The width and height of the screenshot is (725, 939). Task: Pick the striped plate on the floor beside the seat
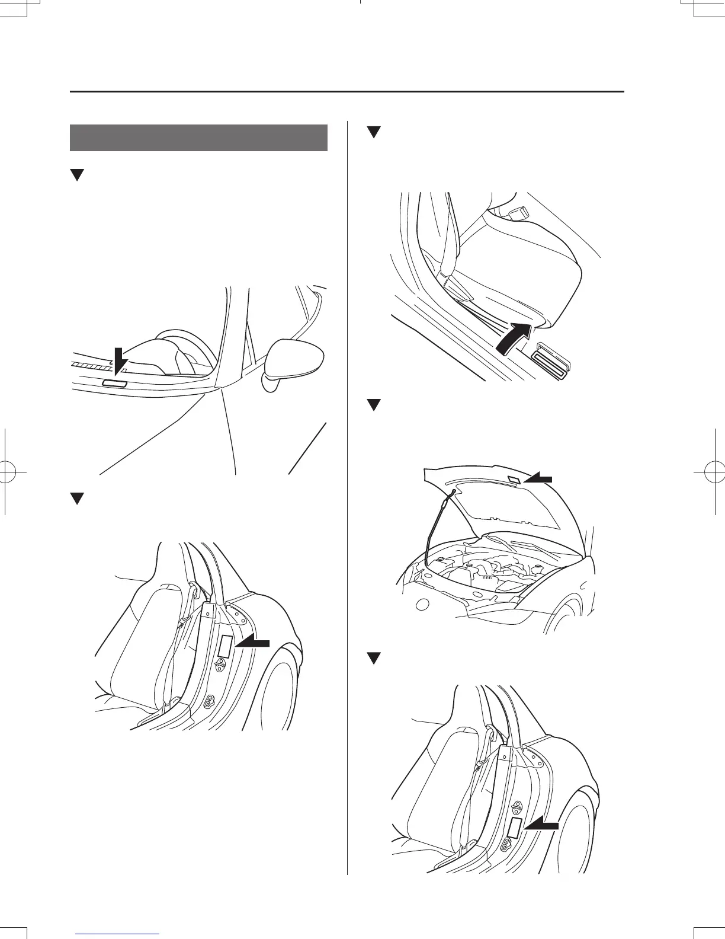pos(552,359)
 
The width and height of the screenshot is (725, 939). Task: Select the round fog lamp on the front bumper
pos(422,605)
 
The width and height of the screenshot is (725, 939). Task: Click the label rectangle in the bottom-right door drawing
pos(515,828)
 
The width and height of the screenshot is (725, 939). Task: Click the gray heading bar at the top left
pos(198,138)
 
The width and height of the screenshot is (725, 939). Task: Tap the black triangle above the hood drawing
pos(373,405)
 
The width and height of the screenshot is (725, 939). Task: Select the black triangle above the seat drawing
pos(373,132)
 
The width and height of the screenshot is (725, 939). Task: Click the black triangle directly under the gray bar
pos(76,175)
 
